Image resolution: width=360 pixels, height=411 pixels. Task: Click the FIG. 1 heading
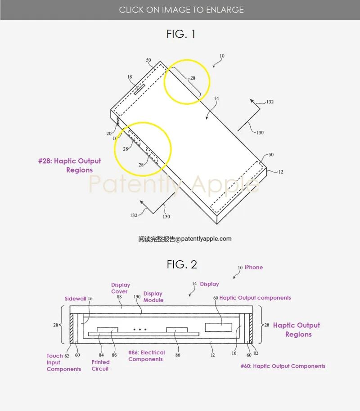[x=180, y=34]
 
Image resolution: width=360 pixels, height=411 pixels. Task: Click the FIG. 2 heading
[x=182, y=264]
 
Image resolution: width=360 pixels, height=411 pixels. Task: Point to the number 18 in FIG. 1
[x=130, y=77]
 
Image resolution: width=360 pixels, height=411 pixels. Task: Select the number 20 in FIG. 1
[x=109, y=133]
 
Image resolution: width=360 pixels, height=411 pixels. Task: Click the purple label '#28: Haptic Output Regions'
[x=70, y=165]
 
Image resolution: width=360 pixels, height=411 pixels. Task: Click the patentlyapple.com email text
[x=185, y=239]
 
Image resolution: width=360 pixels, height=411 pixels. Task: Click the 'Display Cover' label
[x=121, y=288]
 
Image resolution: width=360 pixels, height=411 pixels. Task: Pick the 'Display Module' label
[x=153, y=297]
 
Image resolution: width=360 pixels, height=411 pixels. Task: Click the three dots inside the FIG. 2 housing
[x=140, y=330]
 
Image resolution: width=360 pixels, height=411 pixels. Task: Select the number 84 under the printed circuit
[x=101, y=355]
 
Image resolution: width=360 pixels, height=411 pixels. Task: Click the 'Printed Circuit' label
[x=100, y=365]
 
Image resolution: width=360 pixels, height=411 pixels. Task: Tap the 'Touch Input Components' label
[x=63, y=362]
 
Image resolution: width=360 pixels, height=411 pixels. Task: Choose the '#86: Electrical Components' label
[x=146, y=356]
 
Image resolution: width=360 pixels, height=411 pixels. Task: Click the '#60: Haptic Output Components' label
[x=283, y=366]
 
